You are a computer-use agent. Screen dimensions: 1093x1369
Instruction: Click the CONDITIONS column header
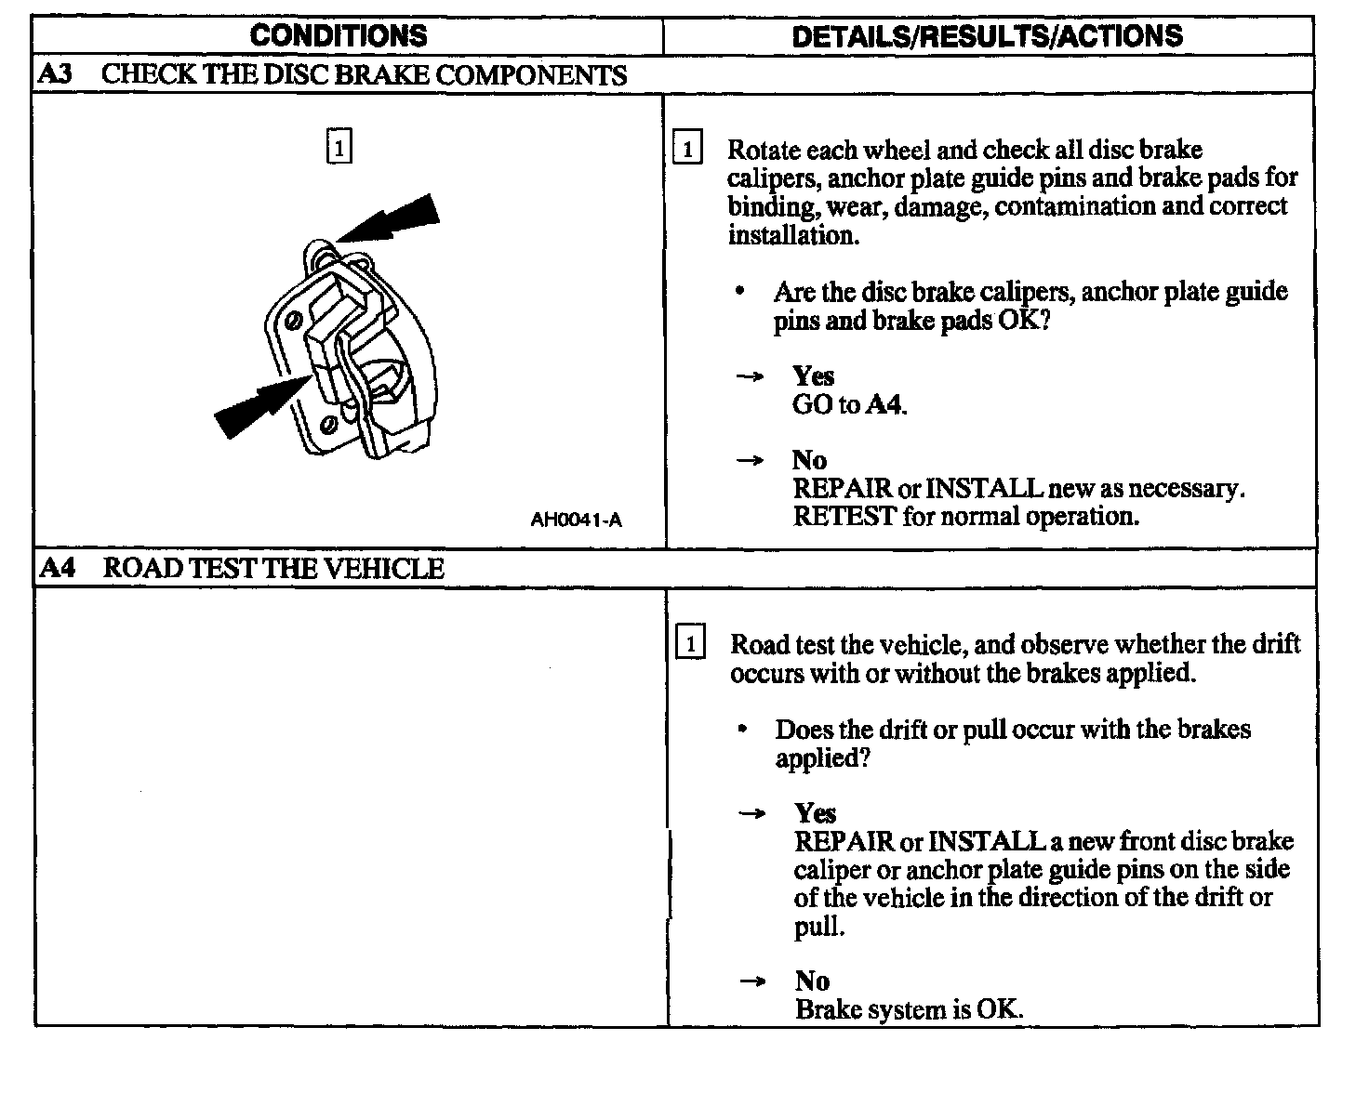[x=339, y=35]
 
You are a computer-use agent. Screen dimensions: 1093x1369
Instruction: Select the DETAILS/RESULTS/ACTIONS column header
[x=987, y=35]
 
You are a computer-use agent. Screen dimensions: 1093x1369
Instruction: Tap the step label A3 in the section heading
[x=56, y=74]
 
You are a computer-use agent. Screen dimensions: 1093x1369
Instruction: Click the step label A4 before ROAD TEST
[x=58, y=568]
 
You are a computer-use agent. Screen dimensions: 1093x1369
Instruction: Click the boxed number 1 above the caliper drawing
[x=339, y=147]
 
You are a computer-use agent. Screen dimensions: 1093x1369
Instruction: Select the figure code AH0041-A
[x=576, y=520]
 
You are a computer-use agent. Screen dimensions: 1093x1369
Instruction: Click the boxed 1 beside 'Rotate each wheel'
[x=686, y=149]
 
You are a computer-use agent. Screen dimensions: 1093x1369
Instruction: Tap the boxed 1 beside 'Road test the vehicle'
[x=689, y=643]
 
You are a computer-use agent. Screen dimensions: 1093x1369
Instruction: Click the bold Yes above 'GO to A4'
[x=813, y=376]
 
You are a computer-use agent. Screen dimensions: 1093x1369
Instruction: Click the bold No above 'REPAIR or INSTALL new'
[x=809, y=460]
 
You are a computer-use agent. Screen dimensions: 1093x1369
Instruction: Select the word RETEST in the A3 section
[x=844, y=516]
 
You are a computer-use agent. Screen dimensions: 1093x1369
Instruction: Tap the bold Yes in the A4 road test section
[x=815, y=813]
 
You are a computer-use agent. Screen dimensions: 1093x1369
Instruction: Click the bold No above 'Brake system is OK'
[x=812, y=981]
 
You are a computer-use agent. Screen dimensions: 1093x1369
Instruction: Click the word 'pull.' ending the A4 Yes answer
[x=819, y=927]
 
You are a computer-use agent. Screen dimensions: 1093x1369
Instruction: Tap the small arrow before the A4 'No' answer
[x=751, y=981]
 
